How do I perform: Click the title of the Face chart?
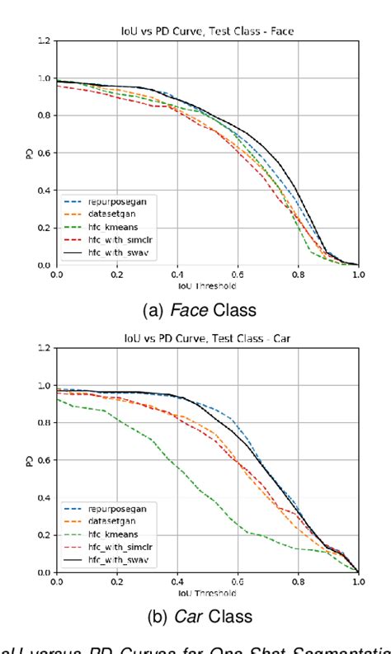tap(207, 31)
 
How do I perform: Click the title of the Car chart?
tap(207, 337)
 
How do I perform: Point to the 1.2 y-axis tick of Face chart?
tap(43, 40)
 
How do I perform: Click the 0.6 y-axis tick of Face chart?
tap(43, 153)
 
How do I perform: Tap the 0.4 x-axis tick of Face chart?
tap(177, 273)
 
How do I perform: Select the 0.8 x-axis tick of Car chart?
tap(298, 580)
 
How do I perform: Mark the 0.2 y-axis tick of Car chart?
tap(43, 534)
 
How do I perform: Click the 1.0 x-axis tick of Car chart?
tap(358, 580)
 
